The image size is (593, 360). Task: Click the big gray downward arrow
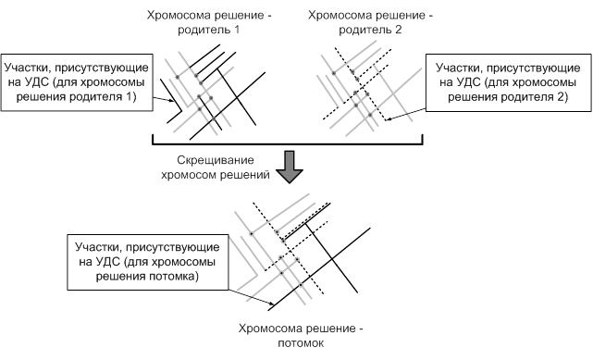coord(290,167)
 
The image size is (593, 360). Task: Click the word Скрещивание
coord(216,160)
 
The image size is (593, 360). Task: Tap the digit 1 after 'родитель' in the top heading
coord(237,30)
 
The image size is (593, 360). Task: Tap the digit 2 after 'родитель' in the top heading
coord(398,30)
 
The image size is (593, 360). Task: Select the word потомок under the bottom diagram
coord(301,343)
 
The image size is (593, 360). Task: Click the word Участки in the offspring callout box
coord(98,247)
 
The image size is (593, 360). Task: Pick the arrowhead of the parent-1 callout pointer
coord(172,101)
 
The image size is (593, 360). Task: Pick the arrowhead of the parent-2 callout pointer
coord(389,119)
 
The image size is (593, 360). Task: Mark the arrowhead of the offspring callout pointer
coord(271,304)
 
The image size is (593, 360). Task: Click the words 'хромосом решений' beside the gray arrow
coord(216,175)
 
